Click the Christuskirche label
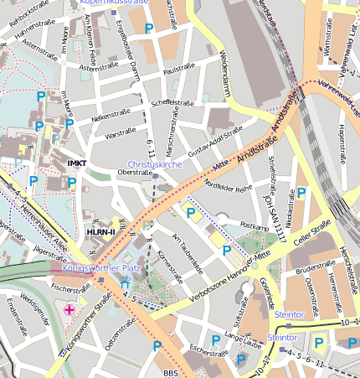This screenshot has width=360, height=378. pyautogui.click(x=155, y=165)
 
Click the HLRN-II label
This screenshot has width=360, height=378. pyautogui.click(x=101, y=231)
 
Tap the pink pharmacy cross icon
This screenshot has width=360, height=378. pyautogui.click(x=69, y=310)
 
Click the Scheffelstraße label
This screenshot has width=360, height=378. pyautogui.click(x=173, y=102)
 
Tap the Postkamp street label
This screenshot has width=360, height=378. pyautogui.click(x=253, y=226)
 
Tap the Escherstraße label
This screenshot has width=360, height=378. pyautogui.click(x=208, y=349)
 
